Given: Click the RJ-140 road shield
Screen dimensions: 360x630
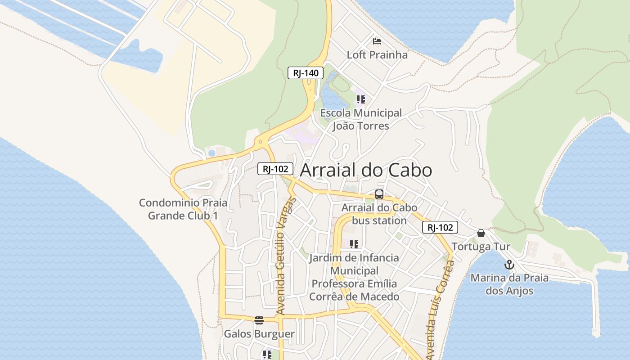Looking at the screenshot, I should click(306, 73).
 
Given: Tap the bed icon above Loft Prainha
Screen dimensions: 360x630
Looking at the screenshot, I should click(377, 42).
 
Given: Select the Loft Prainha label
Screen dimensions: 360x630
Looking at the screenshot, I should click(377, 55).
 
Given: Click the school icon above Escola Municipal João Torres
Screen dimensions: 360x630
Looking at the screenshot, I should click(360, 99).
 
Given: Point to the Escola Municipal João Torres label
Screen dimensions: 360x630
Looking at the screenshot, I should click(361, 119).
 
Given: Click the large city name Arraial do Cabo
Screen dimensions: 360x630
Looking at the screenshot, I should click(366, 171).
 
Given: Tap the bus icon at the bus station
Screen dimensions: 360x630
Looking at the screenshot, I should click(379, 194).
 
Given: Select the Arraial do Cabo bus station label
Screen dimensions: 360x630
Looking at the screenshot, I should click(379, 214).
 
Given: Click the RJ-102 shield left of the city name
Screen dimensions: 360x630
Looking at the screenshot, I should click(275, 169).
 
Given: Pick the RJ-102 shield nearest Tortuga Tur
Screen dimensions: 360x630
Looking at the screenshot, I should click(440, 228).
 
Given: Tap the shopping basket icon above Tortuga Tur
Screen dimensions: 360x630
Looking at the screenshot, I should click(481, 233).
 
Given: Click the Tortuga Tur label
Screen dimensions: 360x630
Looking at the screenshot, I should click(481, 247).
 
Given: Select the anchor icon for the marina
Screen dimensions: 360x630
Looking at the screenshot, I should click(509, 264).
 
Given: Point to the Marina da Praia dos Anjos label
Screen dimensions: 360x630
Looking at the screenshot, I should click(509, 284).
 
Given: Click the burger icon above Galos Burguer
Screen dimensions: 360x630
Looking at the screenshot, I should click(259, 320).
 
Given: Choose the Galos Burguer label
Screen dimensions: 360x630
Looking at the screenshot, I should click(259, 334).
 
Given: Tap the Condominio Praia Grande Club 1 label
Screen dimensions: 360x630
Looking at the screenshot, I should click(183, 209).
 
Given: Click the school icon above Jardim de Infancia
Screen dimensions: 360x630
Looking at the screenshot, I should click(354, 244).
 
